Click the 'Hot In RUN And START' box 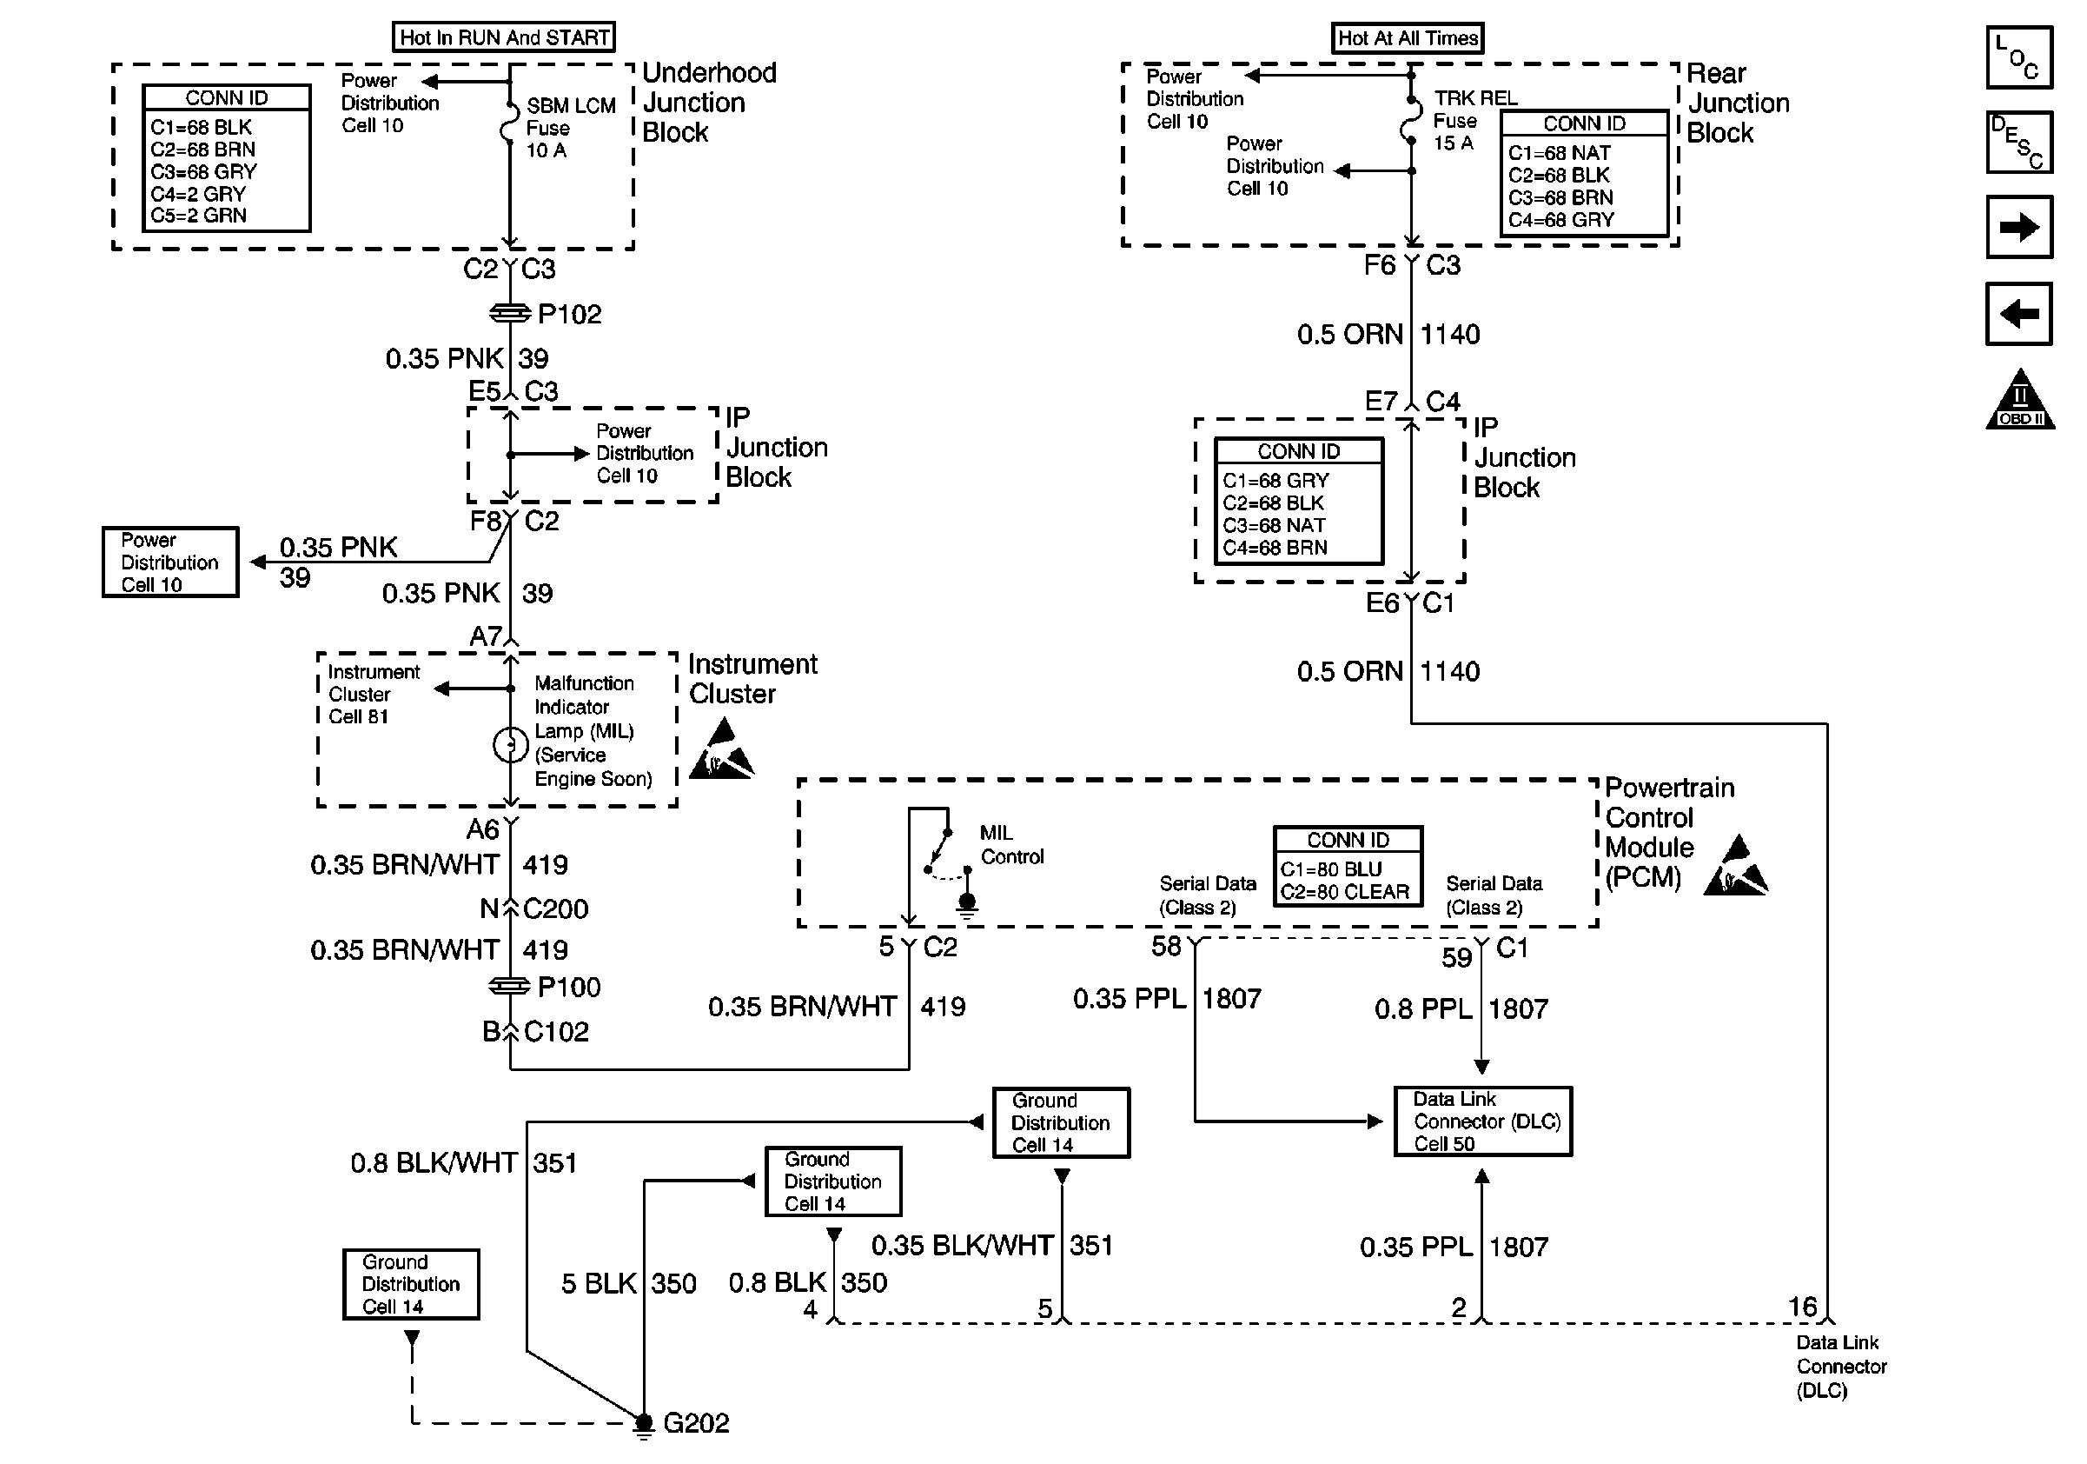tap(504, 37)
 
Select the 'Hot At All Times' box tap(1407, 38)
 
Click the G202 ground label tap(695, 1423)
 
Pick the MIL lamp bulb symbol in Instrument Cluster tap(510, 745)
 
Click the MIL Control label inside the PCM tap(1010, 845)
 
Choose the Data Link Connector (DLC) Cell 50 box tap(1482, 1121)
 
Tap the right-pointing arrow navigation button tap(2019, 227)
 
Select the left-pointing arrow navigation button tap(2019, 315)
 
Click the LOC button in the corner tap(2019, 57)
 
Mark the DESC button tap(2019, 142)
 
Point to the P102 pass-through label tap(569, 315)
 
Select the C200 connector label tap(554, 908)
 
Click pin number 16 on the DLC tap(1803, 1307)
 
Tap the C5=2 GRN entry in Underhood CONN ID tap(198, 216)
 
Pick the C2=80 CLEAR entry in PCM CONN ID tap(1344, 892)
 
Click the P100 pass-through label tap(568, 988)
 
